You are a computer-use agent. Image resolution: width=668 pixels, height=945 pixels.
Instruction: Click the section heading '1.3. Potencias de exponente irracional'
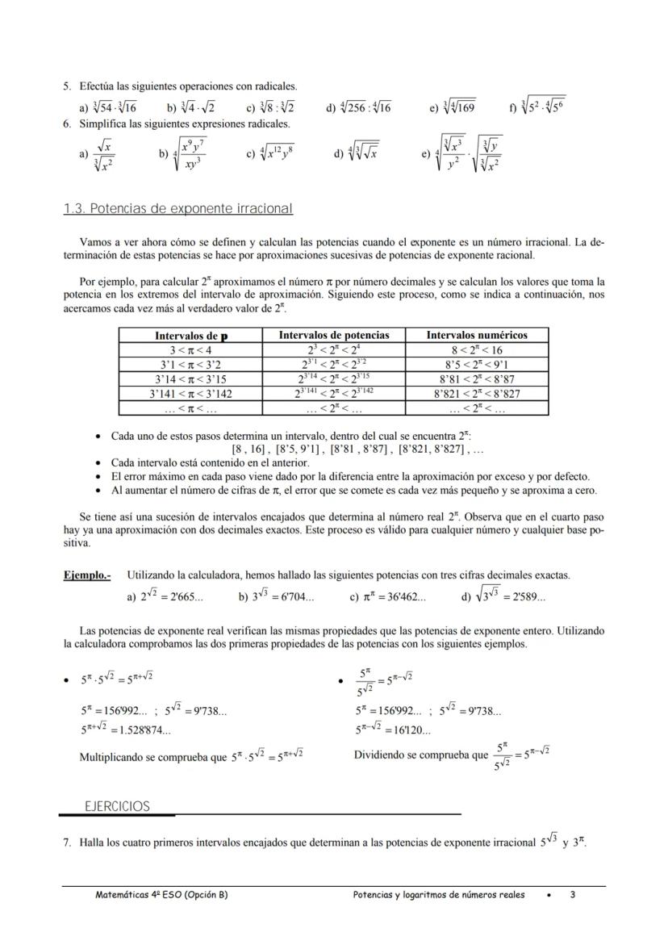tap(177, 209)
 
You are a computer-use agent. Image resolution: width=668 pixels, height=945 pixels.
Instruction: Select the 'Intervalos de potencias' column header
tap(334, 335)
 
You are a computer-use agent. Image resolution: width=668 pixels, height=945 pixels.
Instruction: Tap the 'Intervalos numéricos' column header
tap(477, 335)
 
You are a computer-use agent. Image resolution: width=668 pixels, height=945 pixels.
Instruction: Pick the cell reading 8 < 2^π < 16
tap(477, 349)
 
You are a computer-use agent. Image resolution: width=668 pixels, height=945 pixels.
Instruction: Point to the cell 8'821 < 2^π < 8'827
tap(477, 394)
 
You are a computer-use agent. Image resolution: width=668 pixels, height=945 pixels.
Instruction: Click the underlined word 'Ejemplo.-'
tap(87, 575)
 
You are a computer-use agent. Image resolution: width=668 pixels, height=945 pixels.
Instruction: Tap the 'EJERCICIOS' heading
tap(118, 806)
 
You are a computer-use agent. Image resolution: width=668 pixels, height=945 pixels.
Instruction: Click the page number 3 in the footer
tap(572, 894)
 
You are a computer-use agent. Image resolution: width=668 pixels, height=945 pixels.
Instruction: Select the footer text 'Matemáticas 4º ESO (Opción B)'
tap(161, 894)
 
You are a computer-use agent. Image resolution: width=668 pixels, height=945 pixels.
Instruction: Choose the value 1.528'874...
tap(146, 730)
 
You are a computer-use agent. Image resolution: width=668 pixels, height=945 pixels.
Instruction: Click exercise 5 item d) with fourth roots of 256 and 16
tap(358, 107)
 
